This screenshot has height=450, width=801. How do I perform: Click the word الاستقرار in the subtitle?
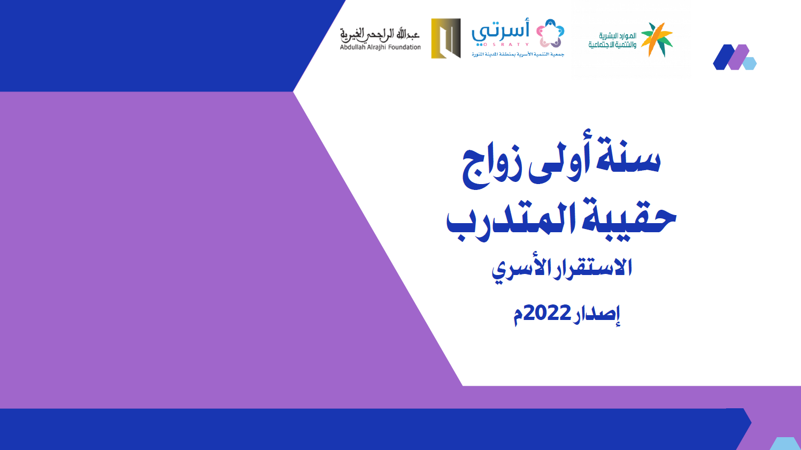(587, 268)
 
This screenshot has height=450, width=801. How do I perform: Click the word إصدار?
(596, 315)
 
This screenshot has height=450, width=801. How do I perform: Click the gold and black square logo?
(445, 39)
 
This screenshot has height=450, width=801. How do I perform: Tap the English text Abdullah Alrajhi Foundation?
(380, 47)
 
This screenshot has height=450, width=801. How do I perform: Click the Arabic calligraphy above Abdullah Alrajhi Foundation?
(380, 35)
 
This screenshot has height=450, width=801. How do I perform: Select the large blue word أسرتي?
(500, 32)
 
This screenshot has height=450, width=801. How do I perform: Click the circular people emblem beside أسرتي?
(550, 33)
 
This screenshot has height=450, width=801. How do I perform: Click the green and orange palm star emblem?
(657, 40)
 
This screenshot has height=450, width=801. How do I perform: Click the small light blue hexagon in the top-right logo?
(750, 64)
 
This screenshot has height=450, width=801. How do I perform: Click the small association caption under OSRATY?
(518, 54)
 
